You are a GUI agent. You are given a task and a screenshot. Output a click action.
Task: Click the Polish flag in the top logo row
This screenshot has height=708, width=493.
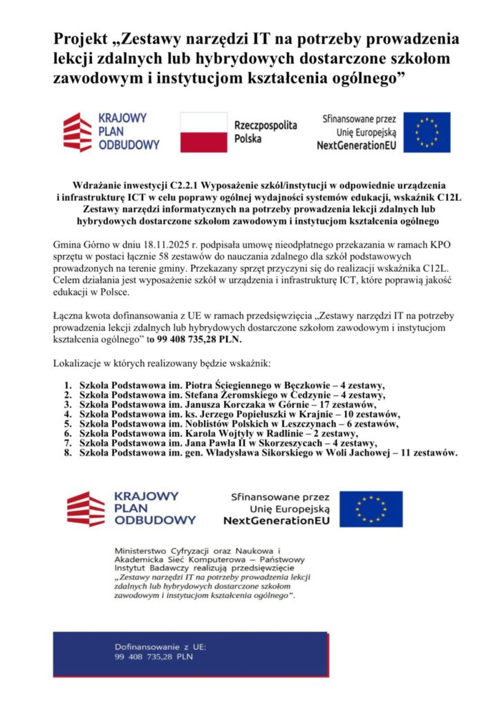click(204, 132)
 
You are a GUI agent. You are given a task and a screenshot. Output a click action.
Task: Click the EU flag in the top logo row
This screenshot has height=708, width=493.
click(427, 132)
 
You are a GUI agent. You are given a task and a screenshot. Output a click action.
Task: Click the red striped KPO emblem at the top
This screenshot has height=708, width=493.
click(77, 132)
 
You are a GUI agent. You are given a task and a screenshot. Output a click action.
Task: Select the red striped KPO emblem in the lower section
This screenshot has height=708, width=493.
click(85, 509)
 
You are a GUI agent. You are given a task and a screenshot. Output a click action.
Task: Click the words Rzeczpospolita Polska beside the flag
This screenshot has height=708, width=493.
click(266, 132)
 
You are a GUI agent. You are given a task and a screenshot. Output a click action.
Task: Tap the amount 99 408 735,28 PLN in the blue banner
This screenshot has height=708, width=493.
click(154, 657)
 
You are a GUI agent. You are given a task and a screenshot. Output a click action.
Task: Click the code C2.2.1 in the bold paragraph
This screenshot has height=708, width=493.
click(185, 187)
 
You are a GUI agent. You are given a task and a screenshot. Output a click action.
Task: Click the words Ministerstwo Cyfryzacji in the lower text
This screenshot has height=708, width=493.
click(157, 548)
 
